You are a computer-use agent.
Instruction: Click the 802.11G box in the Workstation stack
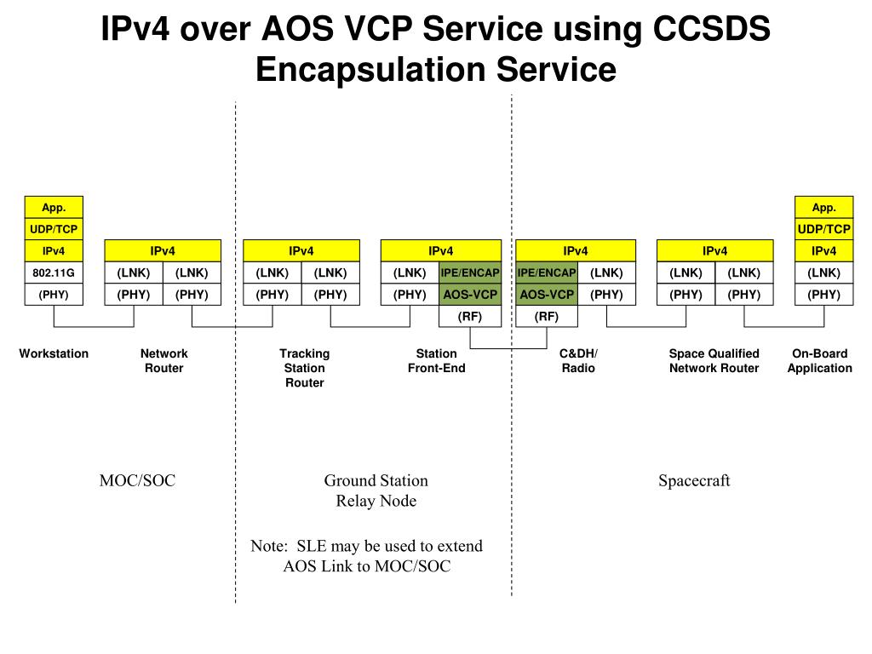tap(54, 272)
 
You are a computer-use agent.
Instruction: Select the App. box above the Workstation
tap(54, 208)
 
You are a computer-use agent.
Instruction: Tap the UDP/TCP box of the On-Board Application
tap(823, 229)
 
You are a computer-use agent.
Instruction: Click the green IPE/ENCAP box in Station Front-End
tap(470, 272)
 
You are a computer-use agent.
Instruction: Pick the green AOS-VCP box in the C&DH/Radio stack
tap(547, 294)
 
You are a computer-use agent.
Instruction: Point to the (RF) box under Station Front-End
tap(470, 316)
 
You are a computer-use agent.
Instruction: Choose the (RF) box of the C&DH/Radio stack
tap(547, 316)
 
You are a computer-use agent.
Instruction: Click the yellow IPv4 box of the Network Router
tap(163, 251)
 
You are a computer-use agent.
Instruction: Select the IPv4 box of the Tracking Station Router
tap(301, 251)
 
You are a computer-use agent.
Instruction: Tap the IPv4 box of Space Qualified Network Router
tap(715, 251)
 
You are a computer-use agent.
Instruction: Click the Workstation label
tap(54, 353)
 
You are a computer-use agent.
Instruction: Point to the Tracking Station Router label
tap(305, 368)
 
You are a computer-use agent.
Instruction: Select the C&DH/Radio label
tap(578, 361)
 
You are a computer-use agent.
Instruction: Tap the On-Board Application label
tap(820, 361)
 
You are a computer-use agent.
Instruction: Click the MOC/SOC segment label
tap(137, 480)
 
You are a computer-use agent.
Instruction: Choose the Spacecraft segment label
tap(694, 480)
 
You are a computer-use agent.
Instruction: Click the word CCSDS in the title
tap(711, 28)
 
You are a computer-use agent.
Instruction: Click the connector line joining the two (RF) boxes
tap(508, 348)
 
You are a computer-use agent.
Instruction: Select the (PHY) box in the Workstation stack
tap(54, 294)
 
